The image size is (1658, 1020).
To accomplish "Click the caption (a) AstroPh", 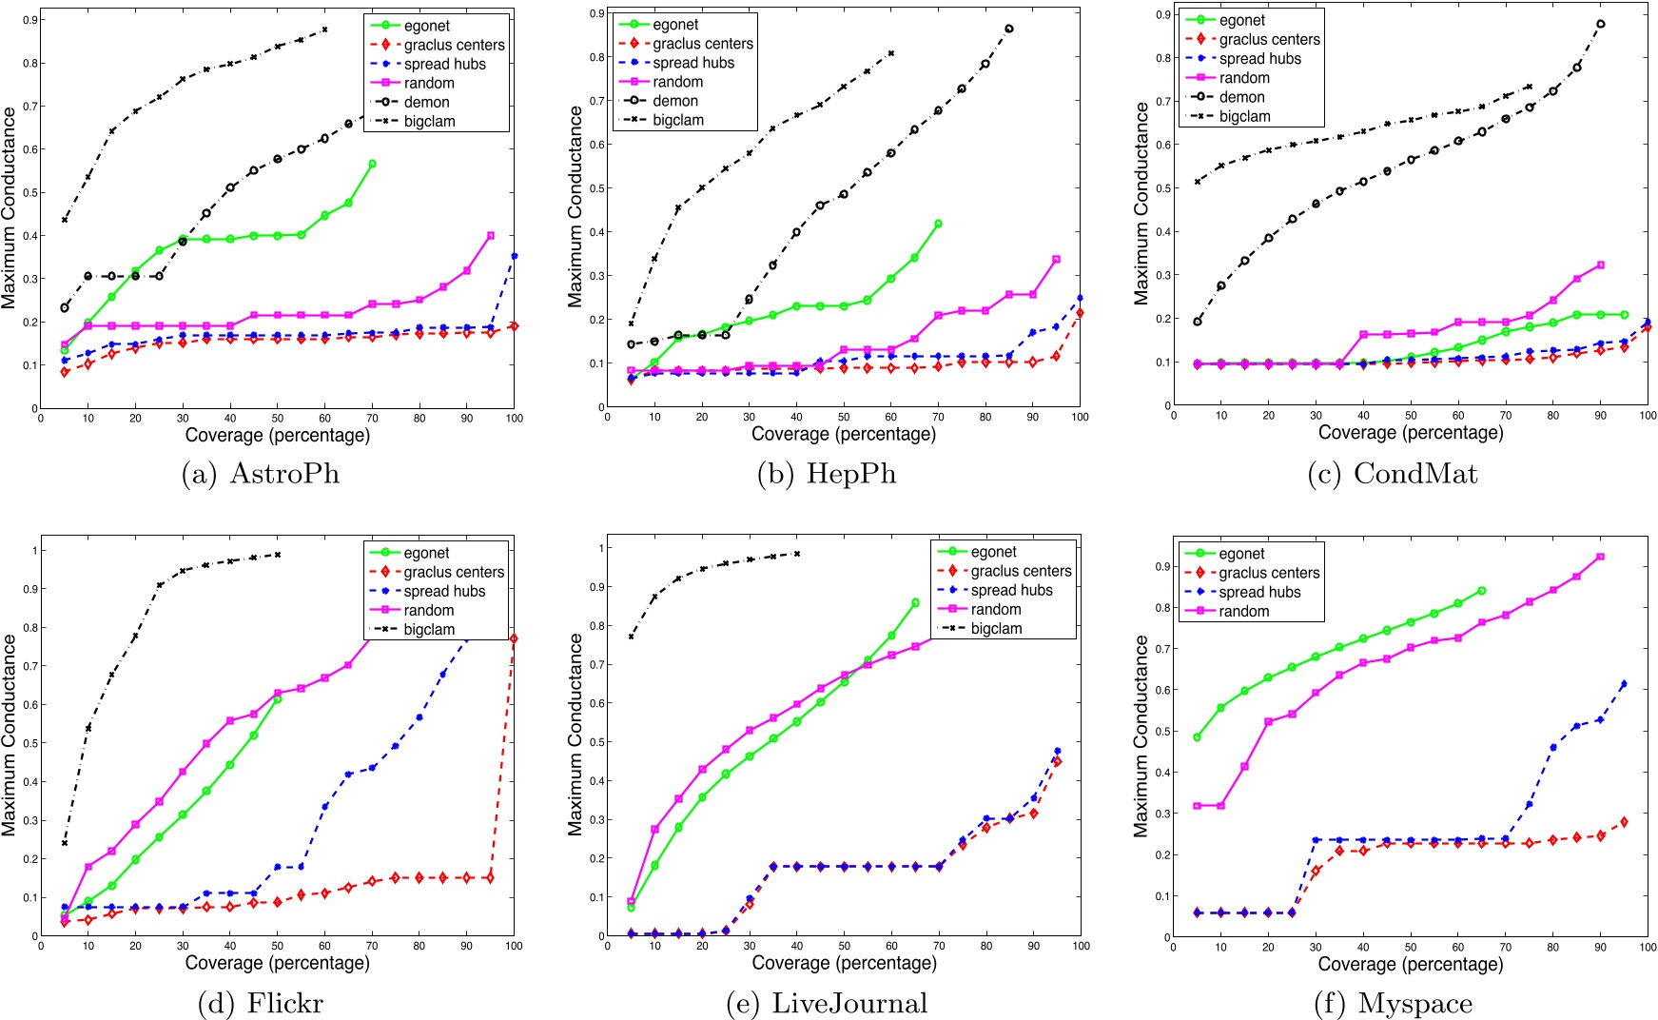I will pyautogui.click(x=260, y=474).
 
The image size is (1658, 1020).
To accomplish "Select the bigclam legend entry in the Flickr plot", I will pyautogui.click(x=428, y=629).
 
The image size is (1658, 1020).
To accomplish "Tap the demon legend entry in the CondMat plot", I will pyautogui.click(x=1241, y=97).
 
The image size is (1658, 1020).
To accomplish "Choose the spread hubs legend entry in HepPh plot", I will pyautogui.click(x=693, y=63).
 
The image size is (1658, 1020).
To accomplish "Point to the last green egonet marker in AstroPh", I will pyautogui.click(x=372, y=164).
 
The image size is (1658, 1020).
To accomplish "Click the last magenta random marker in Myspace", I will pyautogui.click(x=1600, y=557).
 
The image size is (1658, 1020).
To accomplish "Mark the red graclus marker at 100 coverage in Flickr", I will pyautogui.click(x=514, y=638).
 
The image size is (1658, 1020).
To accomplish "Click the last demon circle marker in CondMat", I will pyautogui.click(x=1600, y=25).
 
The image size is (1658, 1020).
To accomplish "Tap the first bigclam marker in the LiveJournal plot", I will pyautogui.click(x=631, y=637).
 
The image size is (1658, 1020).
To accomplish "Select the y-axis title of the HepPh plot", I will pyautogui.click(x=575, y=206).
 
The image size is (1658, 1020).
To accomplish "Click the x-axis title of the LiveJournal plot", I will pyautogui.click(x=844, y=962).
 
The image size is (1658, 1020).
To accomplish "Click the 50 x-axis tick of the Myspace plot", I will pyautogui.click(x=1410, y=947).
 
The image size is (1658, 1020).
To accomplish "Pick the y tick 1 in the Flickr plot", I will pyautogui.click(x=34, y=550).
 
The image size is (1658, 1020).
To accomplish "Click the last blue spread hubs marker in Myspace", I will pyautogui.click(x=1624, y=683).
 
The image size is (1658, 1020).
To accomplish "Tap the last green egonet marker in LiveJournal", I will pyautogui.click(x=915, y=602).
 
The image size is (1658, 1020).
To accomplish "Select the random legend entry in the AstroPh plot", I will pyautogui.click(x=428, y=83).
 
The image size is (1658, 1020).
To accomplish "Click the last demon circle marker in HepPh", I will pyautogui.click(x=1009, y=29).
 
